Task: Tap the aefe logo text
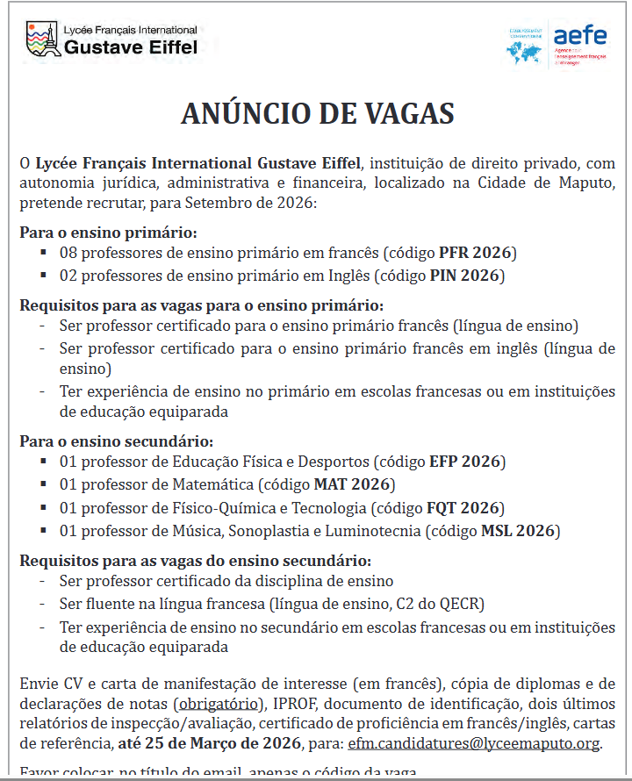coord(579,36)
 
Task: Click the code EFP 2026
coord(465,462)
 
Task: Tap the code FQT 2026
coord(463,507)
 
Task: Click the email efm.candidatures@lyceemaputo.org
coord(474,743)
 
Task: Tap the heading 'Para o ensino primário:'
coord(108,233)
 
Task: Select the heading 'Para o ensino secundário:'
coord(116,441)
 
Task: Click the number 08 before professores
coord(68,253)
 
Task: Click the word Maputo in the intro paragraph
coord(585,183)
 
